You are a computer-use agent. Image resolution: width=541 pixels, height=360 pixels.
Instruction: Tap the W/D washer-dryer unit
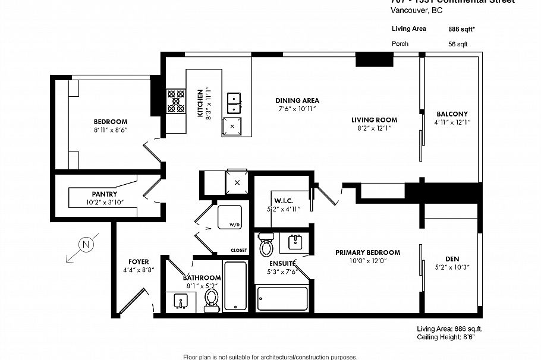pyautogui.click(x=229, y=217)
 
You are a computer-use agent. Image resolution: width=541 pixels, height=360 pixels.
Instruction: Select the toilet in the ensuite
pyautogui.click(x=266, y=244)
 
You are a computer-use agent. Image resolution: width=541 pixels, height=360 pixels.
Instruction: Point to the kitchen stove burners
pyautogui.click(x=176, y=100)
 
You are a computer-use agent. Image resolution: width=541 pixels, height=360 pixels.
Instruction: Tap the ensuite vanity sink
pyautogui.click(x=296, y=242)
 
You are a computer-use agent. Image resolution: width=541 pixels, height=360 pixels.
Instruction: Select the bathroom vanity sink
pyautogui.click(x=181, y=301)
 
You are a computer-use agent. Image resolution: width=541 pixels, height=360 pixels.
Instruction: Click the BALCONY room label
pyautogui.click(x=452, y=114)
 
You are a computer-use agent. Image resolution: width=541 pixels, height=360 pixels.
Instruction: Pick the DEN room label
pyautogui.click(x=452, y=259)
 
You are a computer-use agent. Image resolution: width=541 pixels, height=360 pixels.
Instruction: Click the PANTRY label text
pyautogui.click(x=104, y=194)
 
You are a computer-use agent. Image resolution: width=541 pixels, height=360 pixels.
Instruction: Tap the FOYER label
pyautogui.click(x=139, y=261)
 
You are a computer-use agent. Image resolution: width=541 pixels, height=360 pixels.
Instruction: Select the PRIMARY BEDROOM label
pyautogui.click(x=367, y=252)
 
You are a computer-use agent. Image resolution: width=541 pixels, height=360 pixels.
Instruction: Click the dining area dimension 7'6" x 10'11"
pyautogui.click(x=297, y=109)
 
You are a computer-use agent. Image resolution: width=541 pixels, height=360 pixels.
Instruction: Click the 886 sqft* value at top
pyautogui.click(x=461, y=29)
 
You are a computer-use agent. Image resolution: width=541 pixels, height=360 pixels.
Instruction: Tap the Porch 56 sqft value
pyautogui.click(x=458, y=44)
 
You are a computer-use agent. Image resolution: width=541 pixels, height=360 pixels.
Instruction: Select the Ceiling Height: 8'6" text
pyautogui.click(x=445, y=337)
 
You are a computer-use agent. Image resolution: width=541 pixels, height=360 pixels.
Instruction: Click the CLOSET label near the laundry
pyautogui.click(x=238, y=251)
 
